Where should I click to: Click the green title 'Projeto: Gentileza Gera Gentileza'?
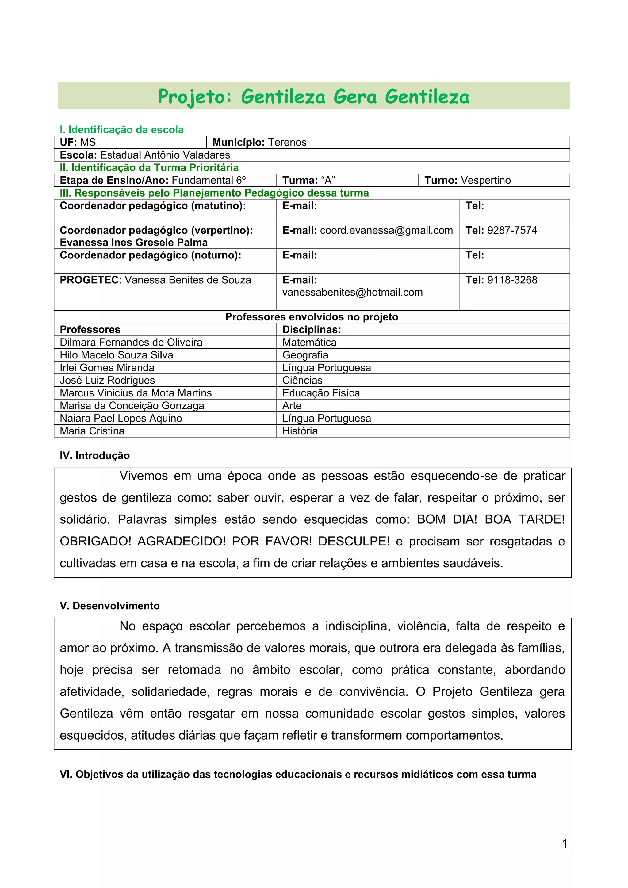point(314,96)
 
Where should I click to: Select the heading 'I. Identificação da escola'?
point(121,130)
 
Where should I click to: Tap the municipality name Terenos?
point(287,142)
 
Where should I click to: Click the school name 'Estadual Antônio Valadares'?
point(165,155)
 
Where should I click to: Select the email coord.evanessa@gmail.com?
point(386,231)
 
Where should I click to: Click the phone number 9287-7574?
point(512,231)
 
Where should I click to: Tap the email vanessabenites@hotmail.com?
point(352,293)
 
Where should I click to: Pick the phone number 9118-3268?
point(512,280)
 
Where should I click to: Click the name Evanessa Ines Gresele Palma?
point(133,243)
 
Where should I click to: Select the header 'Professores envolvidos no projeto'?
point(312,317)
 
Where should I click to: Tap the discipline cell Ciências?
point(302,380)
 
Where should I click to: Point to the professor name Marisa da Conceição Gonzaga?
point(132,406)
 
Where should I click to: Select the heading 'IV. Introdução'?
point(95,456)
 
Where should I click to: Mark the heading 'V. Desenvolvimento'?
point(109,606)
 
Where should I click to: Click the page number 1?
point(564,844)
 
